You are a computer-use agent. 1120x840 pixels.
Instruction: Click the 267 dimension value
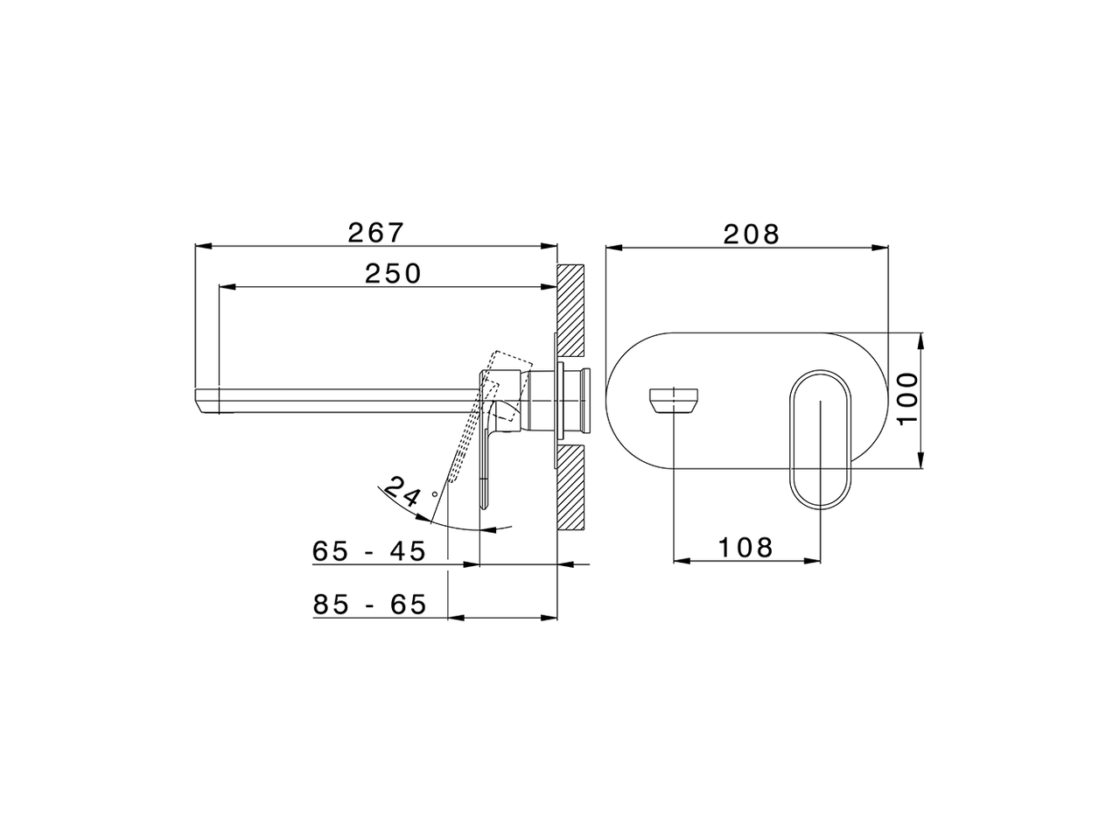(376, 233)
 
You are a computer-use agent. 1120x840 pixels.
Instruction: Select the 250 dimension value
(393, 274)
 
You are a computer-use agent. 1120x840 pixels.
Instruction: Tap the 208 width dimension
(751, 234)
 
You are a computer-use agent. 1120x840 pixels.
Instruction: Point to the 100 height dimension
(908, 398)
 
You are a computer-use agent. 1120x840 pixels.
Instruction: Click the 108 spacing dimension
(745, 548)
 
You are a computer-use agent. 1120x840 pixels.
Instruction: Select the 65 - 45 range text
(368, 552)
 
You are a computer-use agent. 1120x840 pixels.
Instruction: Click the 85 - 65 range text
(368, 605)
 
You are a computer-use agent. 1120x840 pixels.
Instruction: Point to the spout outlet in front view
(675, 399)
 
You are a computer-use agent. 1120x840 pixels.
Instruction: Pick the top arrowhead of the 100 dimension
(920, 338)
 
